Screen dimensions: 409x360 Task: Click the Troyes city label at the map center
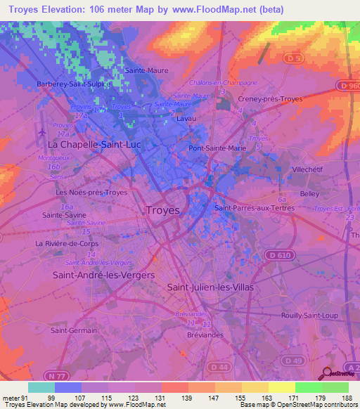[162, 210]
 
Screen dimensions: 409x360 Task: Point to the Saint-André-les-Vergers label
[103, 275]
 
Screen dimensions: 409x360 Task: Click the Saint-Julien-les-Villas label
[210, 287]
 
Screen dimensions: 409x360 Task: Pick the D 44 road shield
[217, 367]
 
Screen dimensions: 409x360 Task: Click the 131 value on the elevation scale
[161, 397]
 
